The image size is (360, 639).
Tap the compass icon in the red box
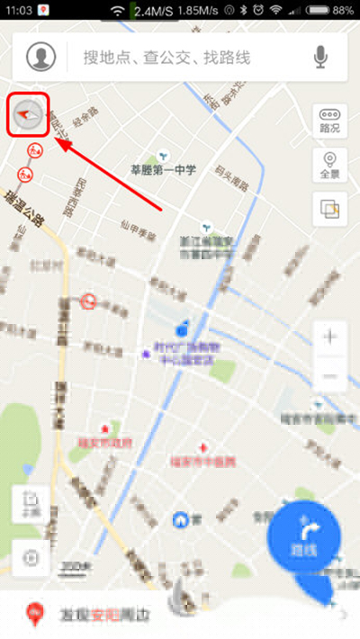27,115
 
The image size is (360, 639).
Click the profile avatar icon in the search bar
40,58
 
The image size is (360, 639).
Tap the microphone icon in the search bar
320,58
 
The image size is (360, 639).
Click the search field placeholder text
166,58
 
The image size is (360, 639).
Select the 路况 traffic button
329,121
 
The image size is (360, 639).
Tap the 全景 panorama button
329,166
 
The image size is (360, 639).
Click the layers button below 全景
329,209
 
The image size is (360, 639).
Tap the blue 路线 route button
304,536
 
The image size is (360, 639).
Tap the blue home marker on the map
181,519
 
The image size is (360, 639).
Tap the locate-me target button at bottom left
31,557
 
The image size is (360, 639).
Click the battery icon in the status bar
319,10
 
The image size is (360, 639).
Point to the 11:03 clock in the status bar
18,10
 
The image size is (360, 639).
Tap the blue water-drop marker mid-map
183,325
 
